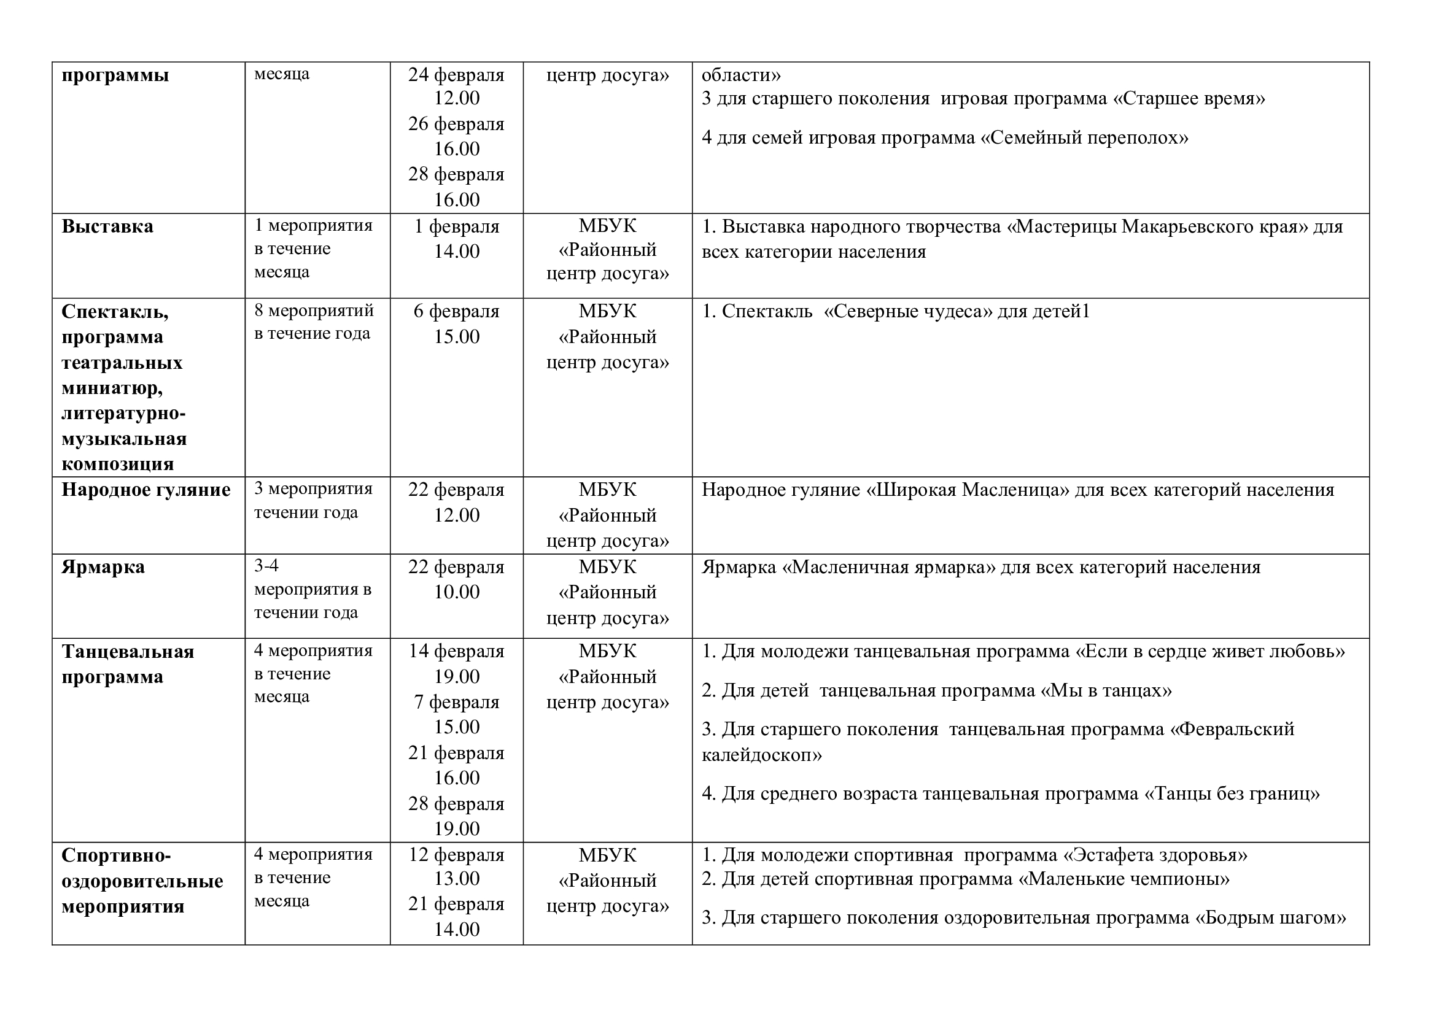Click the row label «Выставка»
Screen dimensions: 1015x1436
107,226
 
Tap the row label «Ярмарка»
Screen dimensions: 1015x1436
103,567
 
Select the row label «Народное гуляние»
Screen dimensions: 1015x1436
146,489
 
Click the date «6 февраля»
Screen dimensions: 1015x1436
457,311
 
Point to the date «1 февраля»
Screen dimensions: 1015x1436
457,226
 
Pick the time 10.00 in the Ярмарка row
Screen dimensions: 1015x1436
457,592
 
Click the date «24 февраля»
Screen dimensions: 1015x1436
457,75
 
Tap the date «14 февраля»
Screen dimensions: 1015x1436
457,651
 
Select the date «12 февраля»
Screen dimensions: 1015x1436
457,854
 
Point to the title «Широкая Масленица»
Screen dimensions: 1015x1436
968,490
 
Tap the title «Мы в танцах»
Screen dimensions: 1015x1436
1106,690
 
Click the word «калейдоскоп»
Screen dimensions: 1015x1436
761,755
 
